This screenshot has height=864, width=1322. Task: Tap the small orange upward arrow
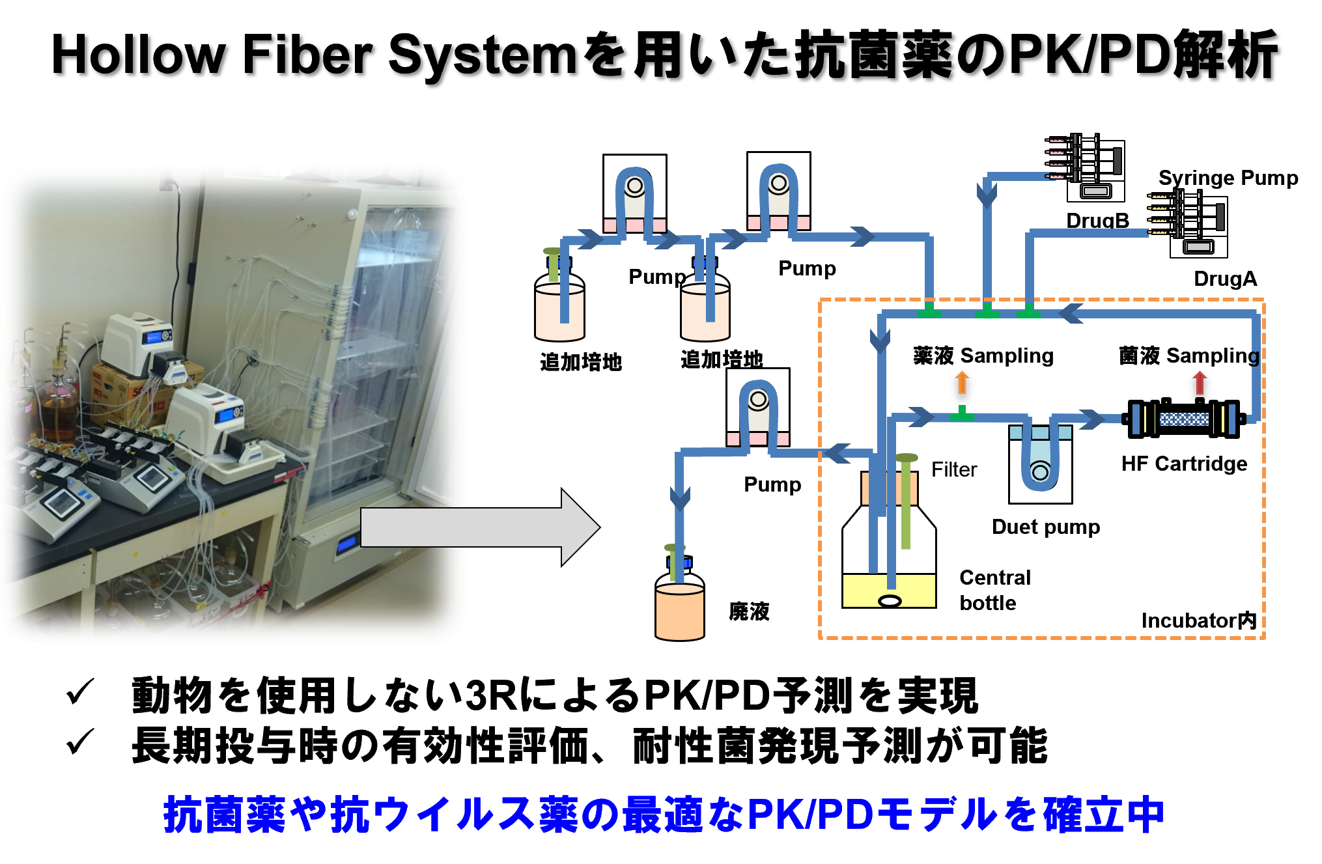point(962,382)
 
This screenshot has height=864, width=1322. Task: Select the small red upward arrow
point(1200,382)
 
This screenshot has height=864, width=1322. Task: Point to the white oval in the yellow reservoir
point(890,601)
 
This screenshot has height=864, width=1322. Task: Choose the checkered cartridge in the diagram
point(1184,419)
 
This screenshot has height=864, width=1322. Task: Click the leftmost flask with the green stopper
point(559,306)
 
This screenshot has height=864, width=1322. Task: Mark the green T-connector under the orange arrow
point(962,414)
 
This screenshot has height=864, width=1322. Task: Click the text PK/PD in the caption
point(810,815)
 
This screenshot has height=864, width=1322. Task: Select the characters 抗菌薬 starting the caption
point(225,815)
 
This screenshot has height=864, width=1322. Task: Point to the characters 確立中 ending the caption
point(1103,815)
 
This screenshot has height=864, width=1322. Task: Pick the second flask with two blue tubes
point(705,306)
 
